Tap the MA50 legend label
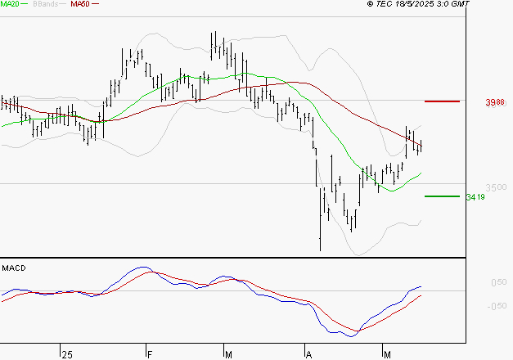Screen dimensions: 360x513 click(80, 4)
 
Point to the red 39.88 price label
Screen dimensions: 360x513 click(495, 102)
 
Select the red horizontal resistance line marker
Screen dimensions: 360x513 click(443, 101)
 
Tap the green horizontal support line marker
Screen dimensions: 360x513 click(443, 196)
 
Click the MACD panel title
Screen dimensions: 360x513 click(14, 268)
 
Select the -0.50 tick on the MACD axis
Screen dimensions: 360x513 click(497, 307)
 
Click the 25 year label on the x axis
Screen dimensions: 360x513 click(67, 353)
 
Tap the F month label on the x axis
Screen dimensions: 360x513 click(150, 353)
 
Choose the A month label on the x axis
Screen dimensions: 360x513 click(308, 353)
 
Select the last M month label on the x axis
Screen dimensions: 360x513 click(387, 353)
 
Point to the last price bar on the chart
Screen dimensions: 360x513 click(421, 146)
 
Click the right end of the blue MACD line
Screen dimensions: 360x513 click(421, 286)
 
